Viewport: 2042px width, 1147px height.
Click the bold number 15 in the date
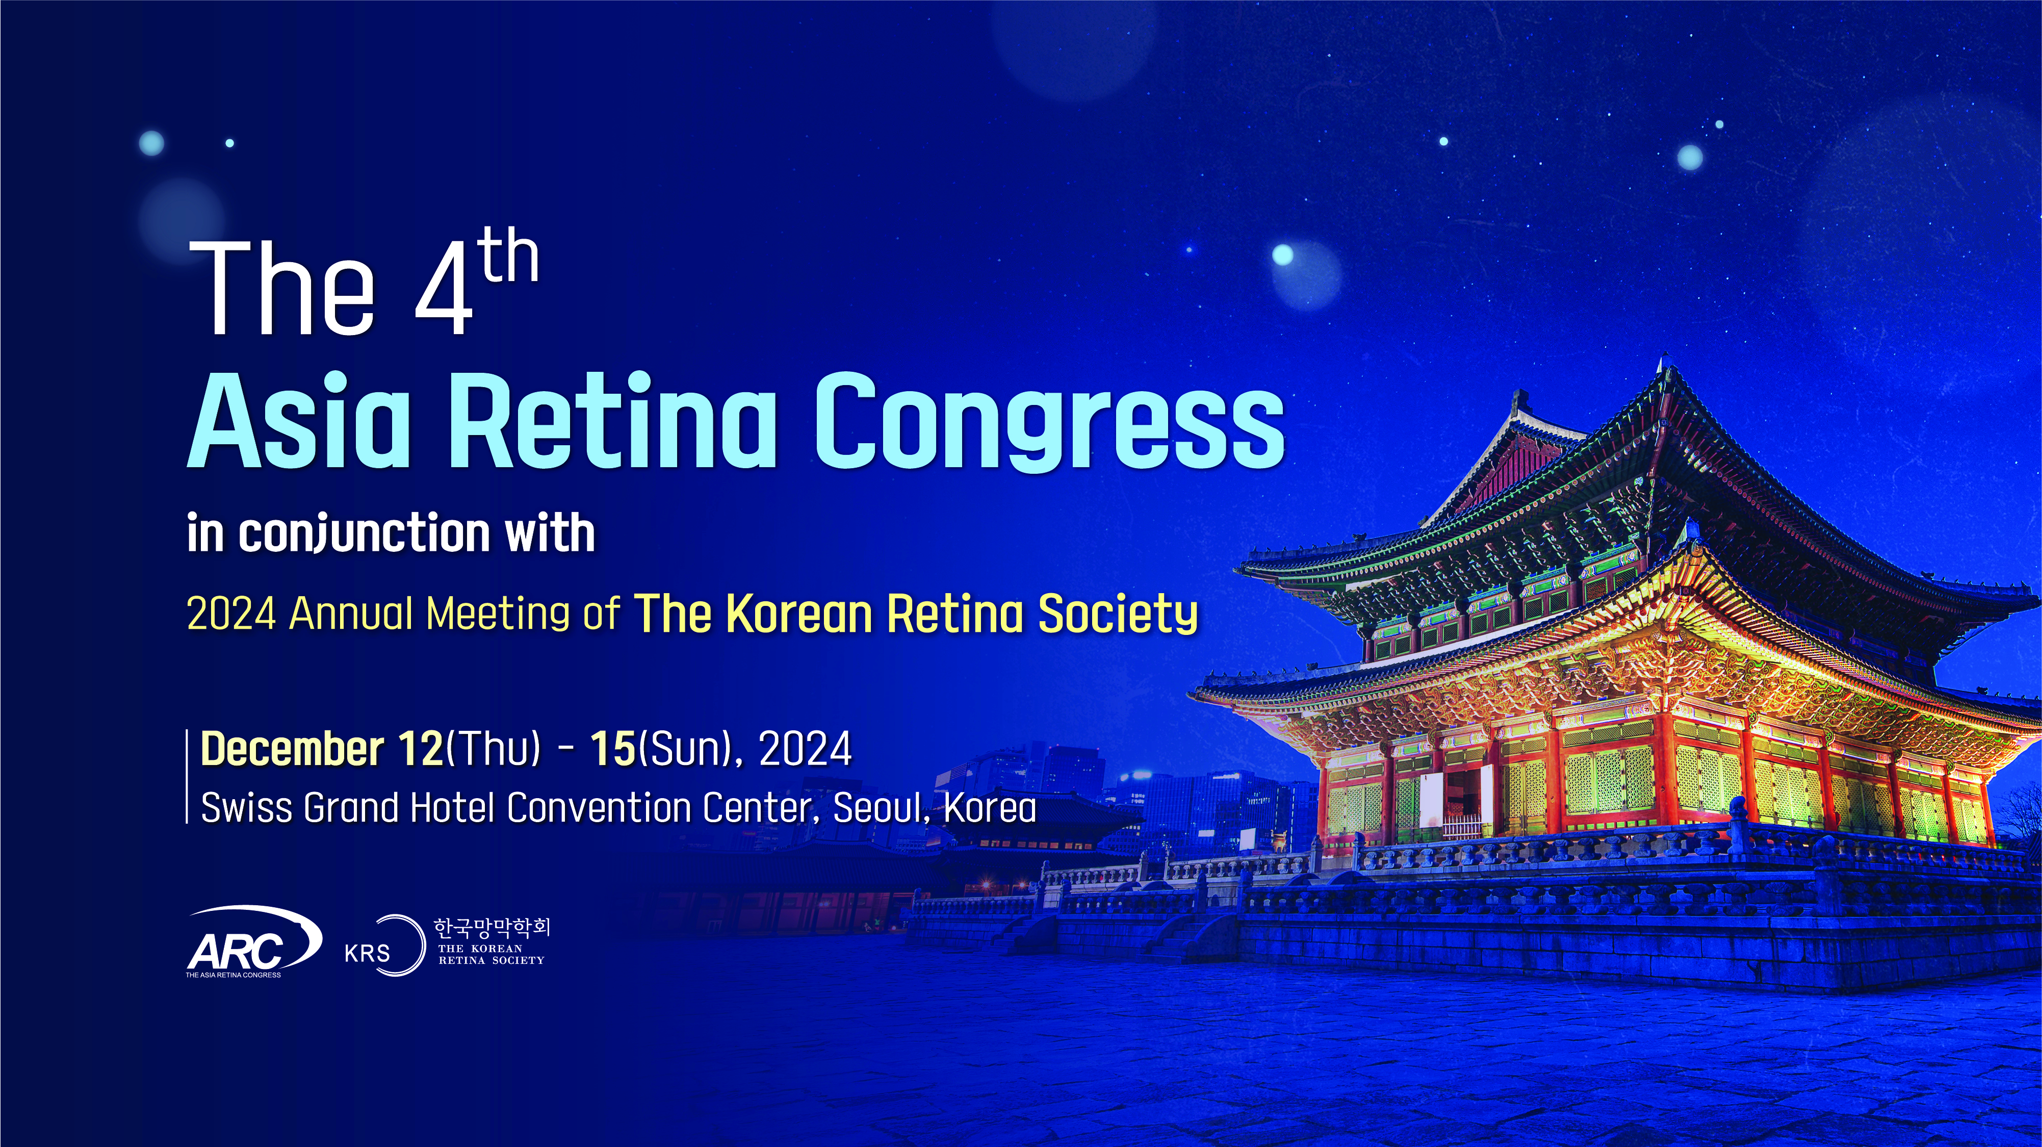click(613, 749)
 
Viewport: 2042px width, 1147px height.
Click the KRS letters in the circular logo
click(367, 952)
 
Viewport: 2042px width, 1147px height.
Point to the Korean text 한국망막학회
click(492, 927)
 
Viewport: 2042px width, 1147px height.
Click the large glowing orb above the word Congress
click(1283, 254)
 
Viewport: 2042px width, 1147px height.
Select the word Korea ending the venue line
click(990, 808)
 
